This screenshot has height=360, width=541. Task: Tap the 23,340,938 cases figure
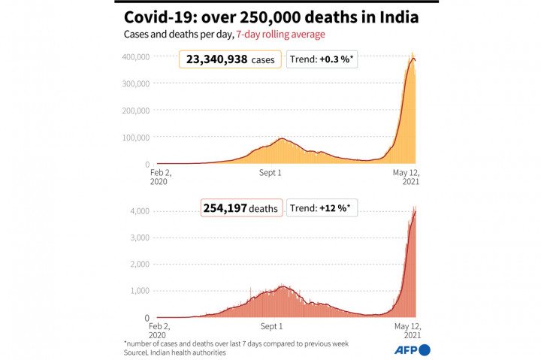click(x=230, y=59)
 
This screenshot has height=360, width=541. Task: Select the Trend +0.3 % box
click(x=322, y=59)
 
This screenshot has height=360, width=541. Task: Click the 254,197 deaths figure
click(x=241, y=208)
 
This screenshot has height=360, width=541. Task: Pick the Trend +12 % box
click(x=322, y=208)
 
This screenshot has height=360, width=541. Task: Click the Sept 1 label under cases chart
click(x=270, y=173)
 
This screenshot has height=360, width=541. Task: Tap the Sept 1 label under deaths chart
click(x=270, y=326)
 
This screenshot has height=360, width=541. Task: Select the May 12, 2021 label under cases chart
click(x=405, y=177)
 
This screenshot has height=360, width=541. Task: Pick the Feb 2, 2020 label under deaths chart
click(x=160, y=331)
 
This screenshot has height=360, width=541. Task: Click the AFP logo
click(x=413, y=349)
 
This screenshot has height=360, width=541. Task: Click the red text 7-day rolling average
click(x=281, y=35)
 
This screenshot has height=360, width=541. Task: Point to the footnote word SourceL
click(x=140, y=352)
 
